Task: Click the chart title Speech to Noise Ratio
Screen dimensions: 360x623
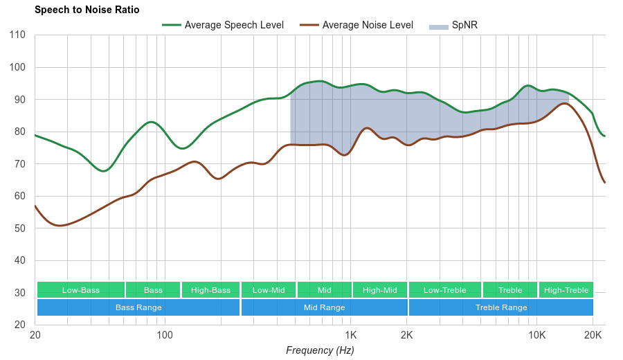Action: click(87, 10)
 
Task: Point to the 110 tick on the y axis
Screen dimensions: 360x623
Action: click(17, 35)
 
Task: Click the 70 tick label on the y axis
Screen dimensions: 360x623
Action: click(20, 164)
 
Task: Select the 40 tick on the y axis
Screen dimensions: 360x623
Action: click(20, 260)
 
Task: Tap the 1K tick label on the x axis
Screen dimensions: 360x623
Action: click(349, 335)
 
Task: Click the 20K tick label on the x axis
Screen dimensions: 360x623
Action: click(593, 335)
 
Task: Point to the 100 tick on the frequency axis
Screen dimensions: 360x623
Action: click(165, 335)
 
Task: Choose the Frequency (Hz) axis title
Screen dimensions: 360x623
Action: click(320, 350)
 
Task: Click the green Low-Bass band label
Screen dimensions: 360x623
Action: click(81, 290)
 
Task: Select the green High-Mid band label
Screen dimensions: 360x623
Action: click(380, 290)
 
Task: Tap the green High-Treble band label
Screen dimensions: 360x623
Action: click(566, 290)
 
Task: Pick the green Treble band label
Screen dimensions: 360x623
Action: click(510, 290)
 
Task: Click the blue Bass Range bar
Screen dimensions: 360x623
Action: click(138, 307)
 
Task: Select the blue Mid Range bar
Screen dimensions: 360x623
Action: click(324, 307)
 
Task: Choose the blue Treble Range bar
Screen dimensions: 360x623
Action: click(501, 307)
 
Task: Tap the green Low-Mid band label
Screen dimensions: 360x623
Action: click(269, 290)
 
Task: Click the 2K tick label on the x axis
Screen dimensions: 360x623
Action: click(406, 335)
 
